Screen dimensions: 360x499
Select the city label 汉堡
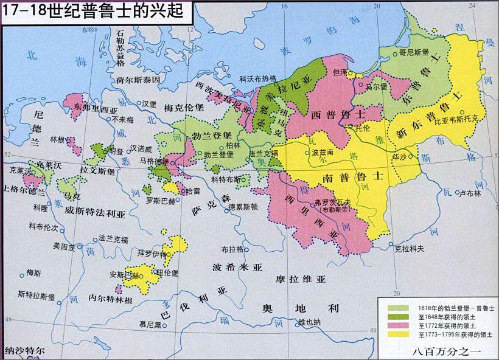coord(150,103)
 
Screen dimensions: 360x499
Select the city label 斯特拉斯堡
coord(37,296)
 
